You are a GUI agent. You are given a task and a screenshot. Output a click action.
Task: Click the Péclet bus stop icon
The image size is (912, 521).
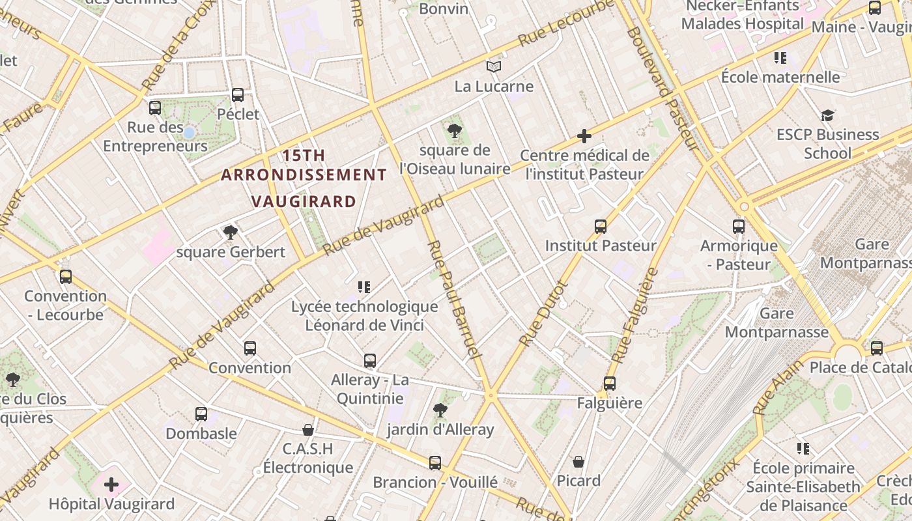tap(238, 95)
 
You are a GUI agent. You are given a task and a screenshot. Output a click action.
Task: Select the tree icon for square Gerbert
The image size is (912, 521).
tap(230, 232)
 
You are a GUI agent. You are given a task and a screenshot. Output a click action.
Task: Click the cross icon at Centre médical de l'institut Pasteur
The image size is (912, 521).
tap(584, 136)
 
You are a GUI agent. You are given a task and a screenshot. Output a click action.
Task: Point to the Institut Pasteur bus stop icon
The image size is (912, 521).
tap(601, 227)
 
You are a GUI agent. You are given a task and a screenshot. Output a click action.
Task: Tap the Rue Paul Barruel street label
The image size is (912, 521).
tap(453, 300)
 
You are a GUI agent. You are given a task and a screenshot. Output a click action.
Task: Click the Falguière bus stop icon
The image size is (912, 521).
tap(610, 384)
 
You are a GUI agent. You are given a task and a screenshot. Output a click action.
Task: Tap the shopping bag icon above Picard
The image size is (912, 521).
tap(578, 462)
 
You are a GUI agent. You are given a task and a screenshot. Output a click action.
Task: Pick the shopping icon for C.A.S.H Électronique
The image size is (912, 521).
tap(308, 430)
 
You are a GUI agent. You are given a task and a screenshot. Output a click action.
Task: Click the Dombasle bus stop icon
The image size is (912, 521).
tap(201, 414)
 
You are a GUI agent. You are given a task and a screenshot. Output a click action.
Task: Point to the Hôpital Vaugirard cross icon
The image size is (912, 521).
tap(111, 485)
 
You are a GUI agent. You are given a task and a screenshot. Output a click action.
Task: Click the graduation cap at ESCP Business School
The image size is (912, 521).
tap(827, 115)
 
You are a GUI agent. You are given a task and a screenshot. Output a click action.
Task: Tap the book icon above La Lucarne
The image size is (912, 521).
tap(494, 66)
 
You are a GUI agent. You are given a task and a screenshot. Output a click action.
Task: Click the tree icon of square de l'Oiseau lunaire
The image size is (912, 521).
tap(455, 131)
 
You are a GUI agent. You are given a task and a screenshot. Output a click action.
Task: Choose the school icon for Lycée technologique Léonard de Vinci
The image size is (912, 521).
tap(364, 287)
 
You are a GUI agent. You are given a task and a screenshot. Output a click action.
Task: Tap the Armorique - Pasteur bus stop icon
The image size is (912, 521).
tap(739, 227)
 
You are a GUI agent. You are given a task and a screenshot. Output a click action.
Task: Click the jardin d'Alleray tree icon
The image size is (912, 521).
tap(440, 410)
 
